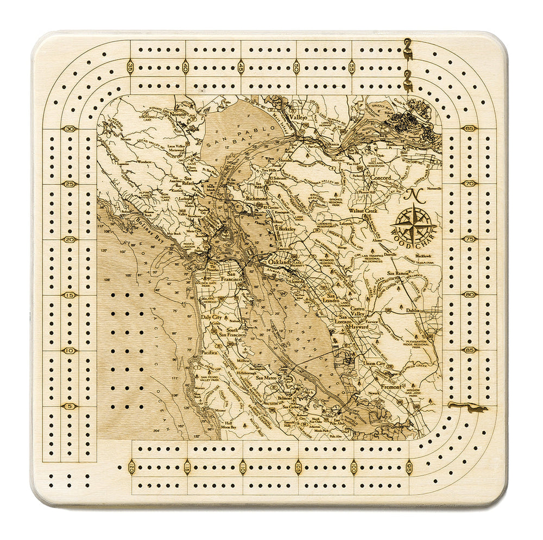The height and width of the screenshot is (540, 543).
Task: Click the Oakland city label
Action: [279, 262]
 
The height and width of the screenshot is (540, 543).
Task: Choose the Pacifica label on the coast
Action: [209, 352]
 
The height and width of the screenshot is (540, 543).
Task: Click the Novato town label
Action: [177, 115]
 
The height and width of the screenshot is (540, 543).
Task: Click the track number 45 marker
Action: [241, 68]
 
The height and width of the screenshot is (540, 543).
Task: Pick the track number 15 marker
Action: [70, 295]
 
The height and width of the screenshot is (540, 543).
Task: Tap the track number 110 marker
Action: [243, 466]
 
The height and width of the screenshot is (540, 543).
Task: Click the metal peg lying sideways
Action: [467, 406]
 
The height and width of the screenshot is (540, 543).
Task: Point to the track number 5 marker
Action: [70, 406]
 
